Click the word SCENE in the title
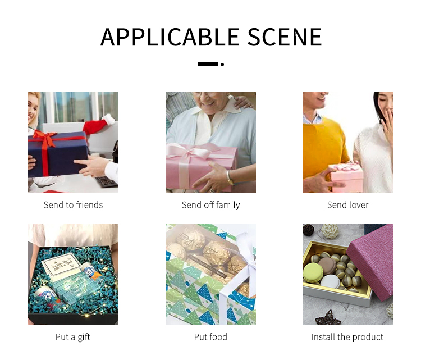tap(284, 37)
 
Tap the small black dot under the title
tap(222, 64)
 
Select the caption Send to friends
tap(74, 205)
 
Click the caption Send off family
tap(210, 205)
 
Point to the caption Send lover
tap(347, 205)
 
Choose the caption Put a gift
tap(73, 337)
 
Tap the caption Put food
tap(210, 337)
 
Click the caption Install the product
tap(347, 337)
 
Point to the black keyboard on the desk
tap(106, 181)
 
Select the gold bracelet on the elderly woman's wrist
tap(230, 177)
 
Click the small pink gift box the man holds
tap(346, 177)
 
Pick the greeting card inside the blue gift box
tap(62, 263)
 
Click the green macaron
tap(313, 273)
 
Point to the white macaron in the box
tap(330, 282)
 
